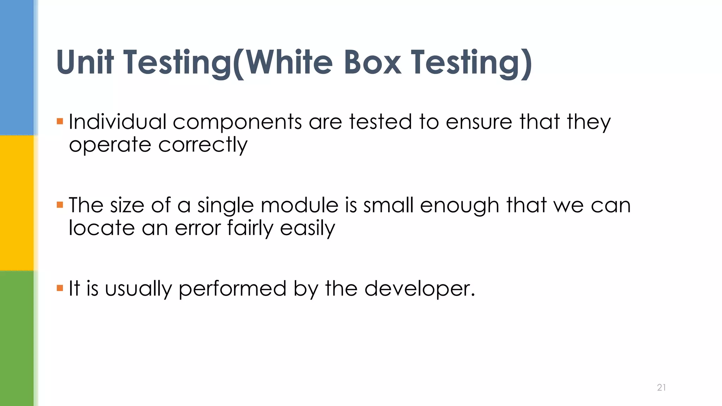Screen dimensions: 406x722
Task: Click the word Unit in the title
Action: (85, 62)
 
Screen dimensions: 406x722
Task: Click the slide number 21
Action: (661, 387)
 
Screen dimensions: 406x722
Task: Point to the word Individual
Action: (117, 122)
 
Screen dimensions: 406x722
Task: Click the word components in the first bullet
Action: (237, 122)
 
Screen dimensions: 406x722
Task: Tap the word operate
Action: (110, 145)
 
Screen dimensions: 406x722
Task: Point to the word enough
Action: (459, 205)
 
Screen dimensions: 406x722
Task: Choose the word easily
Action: (307, 228)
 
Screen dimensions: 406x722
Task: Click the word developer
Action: (420, 289)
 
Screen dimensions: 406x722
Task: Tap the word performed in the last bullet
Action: (232, 289)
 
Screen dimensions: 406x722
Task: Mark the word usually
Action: (138, 289)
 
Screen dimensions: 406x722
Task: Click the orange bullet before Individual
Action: (60, 122)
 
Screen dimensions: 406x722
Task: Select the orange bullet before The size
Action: (60, 205)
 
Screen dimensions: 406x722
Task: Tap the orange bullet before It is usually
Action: (60, 288)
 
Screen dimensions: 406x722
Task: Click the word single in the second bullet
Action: (225, 205)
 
